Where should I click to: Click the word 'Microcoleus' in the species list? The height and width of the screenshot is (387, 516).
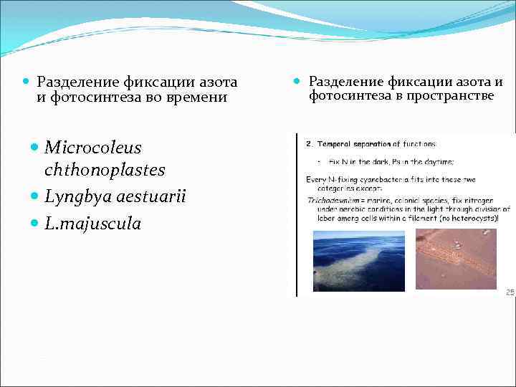tap(92, 148)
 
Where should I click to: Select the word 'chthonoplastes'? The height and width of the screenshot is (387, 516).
tap(105, 171)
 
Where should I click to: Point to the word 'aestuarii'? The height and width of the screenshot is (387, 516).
tap(150, 196)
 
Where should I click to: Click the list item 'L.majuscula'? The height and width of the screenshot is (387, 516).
tap(92, 224)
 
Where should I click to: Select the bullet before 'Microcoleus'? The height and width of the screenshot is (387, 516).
tap(37, 148)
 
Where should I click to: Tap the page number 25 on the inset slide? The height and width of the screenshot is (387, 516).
tap(510, 292)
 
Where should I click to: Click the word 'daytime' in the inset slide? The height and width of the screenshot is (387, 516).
tap(414, 161)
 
